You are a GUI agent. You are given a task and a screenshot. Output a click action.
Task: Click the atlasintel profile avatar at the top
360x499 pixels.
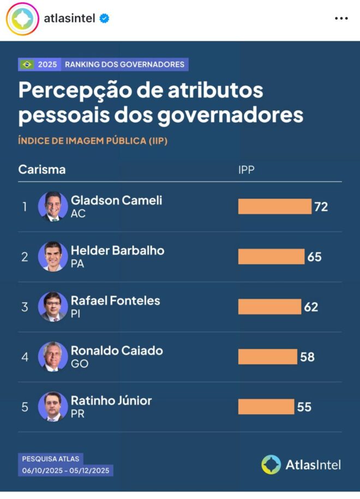point(22,19)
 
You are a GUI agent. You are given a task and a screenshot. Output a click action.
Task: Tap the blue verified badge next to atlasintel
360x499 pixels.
point(104,19)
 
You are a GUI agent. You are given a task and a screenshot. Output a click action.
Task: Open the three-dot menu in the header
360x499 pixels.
point(341,19)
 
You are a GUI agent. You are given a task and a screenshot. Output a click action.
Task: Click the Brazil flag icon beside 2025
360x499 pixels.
point(27,64)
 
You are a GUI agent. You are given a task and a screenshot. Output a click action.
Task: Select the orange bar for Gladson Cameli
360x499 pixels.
point(274,206)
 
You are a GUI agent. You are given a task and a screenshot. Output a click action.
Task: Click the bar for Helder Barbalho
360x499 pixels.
point(271,257)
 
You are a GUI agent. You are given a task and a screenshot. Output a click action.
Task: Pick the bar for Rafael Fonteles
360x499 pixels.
point(269,306)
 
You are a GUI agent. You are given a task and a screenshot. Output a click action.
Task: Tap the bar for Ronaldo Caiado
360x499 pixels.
point(267,357)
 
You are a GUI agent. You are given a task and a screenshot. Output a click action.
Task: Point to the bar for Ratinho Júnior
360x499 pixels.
point(266,407)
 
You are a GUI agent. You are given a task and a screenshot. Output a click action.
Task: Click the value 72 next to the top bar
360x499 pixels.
point(321,206)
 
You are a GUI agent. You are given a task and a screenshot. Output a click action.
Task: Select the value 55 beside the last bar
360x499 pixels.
point(304,407)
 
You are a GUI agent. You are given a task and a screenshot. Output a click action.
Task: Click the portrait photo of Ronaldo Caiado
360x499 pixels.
point(53,357)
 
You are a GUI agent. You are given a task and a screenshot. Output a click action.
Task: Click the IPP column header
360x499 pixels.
point(246,170)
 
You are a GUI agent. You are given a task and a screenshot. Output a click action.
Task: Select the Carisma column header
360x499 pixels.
point(42,169)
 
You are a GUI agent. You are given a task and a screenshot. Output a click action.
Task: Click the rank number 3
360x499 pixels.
point(25,307)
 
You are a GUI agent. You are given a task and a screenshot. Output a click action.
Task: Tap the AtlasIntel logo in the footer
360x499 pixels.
point(301,465)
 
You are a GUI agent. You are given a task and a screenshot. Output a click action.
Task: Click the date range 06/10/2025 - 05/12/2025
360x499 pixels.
point(66,470)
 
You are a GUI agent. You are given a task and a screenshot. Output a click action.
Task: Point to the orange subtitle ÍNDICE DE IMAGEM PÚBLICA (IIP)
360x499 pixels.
point(93,141)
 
